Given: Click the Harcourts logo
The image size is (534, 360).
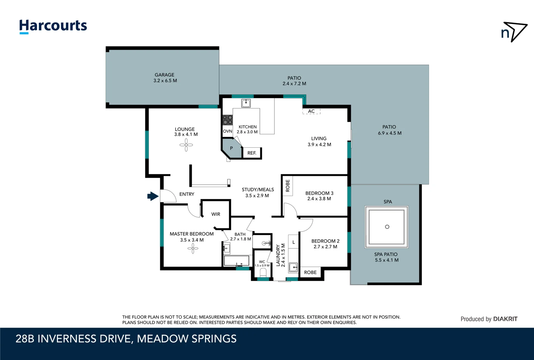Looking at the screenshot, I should [x=53, y=26].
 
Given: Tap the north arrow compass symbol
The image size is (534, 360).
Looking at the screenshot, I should [x=514, y=32].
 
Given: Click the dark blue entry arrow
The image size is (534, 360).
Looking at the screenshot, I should [x=153, y=196].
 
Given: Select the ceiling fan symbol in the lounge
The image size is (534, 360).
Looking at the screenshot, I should [x=186, y=145].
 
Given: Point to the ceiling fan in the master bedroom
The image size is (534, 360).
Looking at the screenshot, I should [x=193, y=248].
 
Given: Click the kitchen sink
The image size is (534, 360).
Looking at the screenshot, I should [x=246, y=103].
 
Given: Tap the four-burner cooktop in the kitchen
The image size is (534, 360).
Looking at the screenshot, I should [x=228, y=120].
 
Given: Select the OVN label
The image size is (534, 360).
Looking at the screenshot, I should [x=228, y=131].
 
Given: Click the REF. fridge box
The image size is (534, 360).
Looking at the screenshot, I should [x=252, y=153].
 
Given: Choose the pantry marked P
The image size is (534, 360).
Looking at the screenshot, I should [x=232, y=149].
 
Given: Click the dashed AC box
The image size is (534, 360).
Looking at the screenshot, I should [x=311, y=111].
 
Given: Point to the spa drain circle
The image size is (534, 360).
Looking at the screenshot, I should [x=387, y=227].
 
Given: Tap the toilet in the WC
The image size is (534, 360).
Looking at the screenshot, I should [x=263, y=273].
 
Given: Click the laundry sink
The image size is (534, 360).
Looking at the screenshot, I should [x=293, y=267].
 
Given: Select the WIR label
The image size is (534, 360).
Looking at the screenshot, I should [x=216, y=214].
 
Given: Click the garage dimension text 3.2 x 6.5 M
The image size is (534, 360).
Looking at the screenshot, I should [x=165, y=81].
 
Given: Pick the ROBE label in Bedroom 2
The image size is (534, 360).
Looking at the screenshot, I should [x=310, y=272].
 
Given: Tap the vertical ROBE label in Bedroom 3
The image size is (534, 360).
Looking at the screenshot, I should [x=288, y=186].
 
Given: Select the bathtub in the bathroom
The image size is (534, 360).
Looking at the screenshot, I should [x=236, y=261].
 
